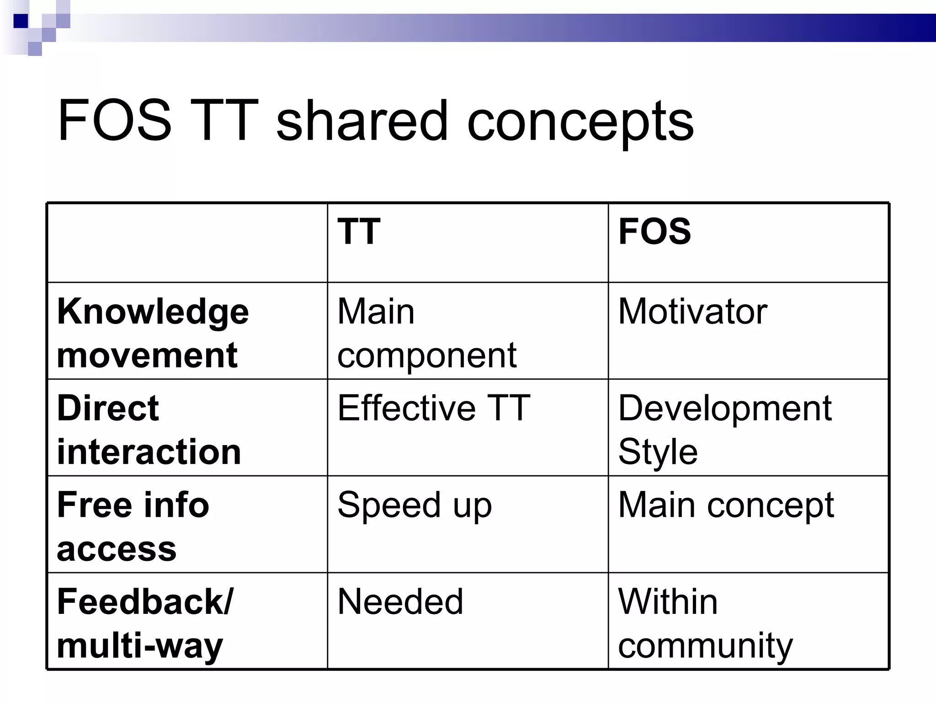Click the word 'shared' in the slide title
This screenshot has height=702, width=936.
[x=362, y=121]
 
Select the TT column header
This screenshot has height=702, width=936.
[x=359, y=232]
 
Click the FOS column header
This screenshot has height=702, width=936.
[x=654, y=232]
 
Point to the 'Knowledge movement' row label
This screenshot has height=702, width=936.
[x=153, y=333]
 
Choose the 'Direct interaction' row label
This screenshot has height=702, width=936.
[x=149, y=429]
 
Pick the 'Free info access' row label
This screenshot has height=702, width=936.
[x=133, y=526]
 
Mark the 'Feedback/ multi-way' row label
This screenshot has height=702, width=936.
[x=145, y=623]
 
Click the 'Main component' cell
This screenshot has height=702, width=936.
[x=426, y=333]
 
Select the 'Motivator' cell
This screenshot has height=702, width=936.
[x=692, y=312]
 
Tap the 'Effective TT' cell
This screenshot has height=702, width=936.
[x=433, y=408]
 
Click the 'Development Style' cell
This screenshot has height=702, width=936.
[x=724, y=429]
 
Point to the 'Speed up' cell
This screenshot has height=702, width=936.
[x=414, y=505]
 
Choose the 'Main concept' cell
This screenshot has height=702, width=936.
[x=726, y=505]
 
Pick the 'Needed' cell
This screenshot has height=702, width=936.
[x=400, y=602]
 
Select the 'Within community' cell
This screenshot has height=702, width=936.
[x=705, y=623]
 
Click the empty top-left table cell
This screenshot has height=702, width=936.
[x=187, y=243]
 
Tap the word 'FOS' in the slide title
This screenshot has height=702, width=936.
[x=114, y=121]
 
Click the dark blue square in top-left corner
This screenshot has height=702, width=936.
[x=20, y=21]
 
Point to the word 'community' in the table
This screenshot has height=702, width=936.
[x=705, y=645]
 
